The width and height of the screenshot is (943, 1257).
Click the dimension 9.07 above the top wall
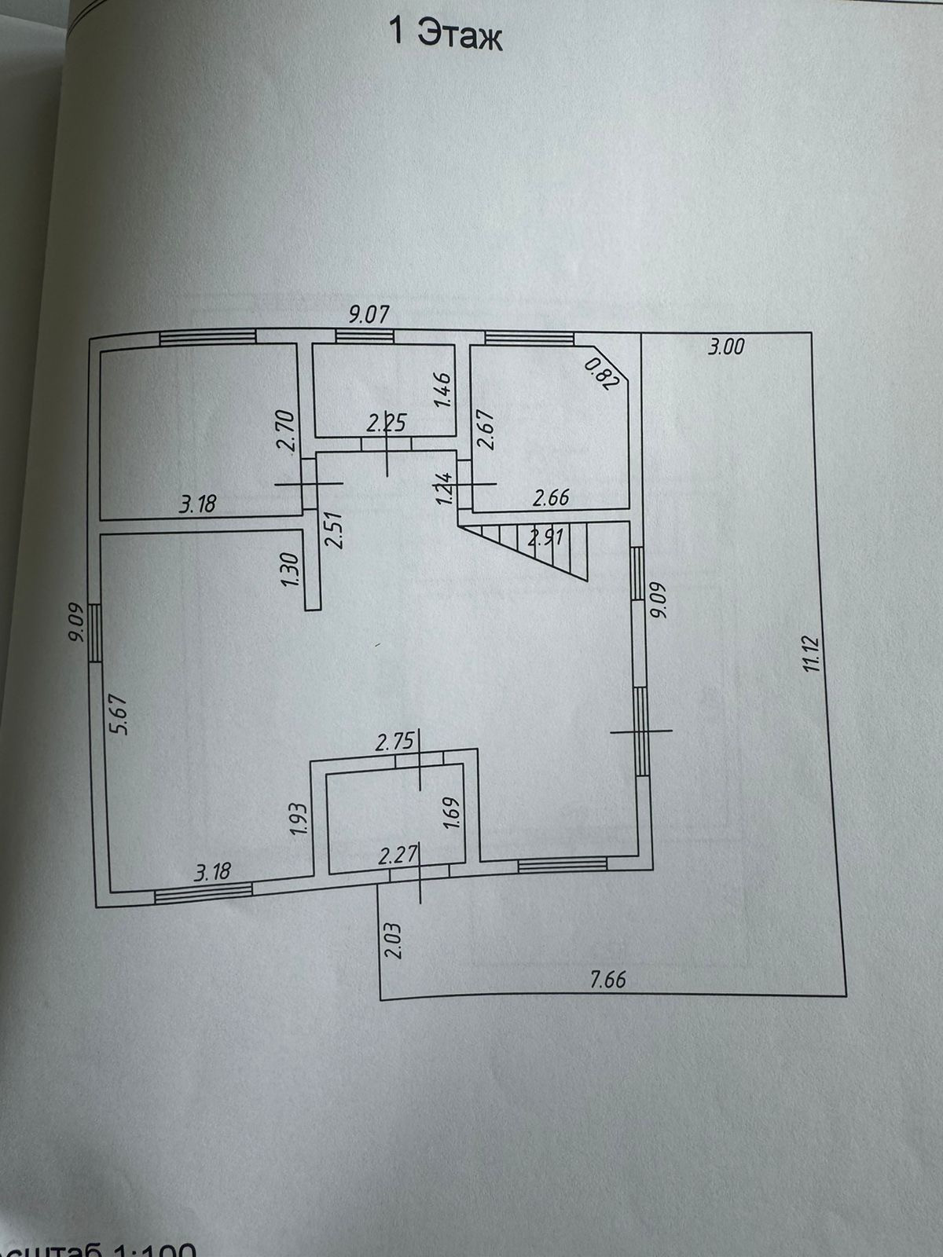[369, 316]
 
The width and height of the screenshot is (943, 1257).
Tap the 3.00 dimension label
[725, 346]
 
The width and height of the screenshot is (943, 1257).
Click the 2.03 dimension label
[394, 940]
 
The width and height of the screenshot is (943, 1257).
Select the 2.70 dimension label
[288, 431]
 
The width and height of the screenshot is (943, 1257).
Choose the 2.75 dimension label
[394, 743]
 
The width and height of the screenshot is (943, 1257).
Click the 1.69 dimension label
[450, 819]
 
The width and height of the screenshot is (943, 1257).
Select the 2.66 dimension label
[550, 497]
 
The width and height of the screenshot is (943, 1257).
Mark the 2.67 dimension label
[486, 429]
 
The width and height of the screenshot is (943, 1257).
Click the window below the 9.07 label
[365, 336]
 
